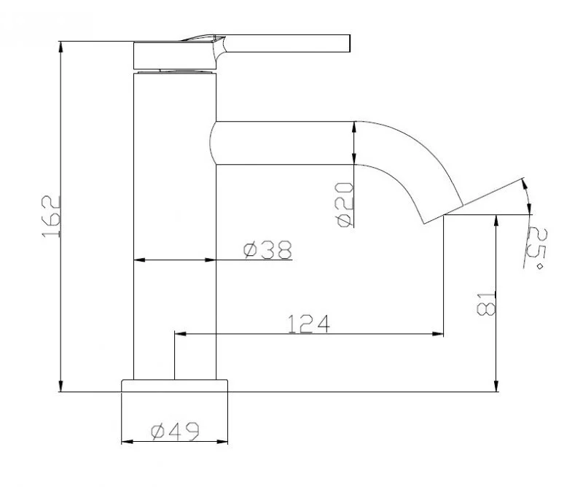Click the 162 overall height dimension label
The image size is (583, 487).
click(51, 217)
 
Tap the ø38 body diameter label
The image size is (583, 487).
click(267, 249)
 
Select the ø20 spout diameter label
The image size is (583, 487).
click(344, 204)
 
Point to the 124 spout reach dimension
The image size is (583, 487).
click(309, 324)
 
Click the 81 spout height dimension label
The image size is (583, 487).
click(486, 303)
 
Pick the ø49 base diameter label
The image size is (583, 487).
click(175, 431)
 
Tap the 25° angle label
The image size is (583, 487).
click(536, 248)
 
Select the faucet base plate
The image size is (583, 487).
click(174, 386)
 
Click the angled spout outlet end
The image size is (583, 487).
click(444, 214)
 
